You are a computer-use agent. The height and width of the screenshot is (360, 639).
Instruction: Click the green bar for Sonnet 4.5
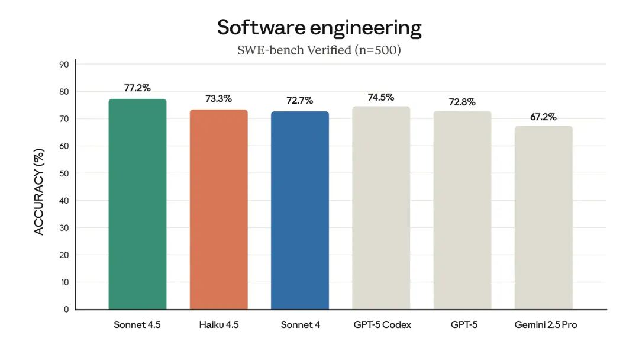(137, 204)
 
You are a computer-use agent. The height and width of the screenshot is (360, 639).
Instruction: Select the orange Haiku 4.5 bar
(218, 210)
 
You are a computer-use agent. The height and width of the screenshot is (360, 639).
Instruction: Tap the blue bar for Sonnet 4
(300, 210)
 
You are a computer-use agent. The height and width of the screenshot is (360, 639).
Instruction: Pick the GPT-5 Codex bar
(381, 208)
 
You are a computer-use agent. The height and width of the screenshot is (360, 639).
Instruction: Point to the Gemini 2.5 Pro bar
(543, 217)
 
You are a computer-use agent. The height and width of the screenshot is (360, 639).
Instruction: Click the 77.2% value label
(137, 88)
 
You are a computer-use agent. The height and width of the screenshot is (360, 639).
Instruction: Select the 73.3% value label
(218, 99)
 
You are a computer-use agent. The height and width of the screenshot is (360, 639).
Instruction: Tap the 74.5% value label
(381, 97)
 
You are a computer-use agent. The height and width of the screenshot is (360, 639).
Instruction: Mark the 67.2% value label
(543, 117)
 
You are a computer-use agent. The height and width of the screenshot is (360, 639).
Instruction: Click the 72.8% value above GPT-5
(462, 101)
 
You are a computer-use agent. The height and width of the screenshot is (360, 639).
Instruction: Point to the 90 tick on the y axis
(63, 65)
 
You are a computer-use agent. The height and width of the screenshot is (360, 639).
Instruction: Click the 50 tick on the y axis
(63, 173)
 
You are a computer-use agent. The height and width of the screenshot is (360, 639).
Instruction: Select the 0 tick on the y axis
(66, 310)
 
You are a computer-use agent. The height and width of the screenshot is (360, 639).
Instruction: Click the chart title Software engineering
(319, 28)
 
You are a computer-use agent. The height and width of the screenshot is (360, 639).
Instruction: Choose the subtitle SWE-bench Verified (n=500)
(319, 50)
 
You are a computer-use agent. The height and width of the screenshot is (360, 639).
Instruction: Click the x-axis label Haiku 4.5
(218, 325)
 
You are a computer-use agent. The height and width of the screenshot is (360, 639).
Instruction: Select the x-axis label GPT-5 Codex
(382, 325)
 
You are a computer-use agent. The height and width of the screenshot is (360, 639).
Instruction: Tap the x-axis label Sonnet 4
(300, 325)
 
